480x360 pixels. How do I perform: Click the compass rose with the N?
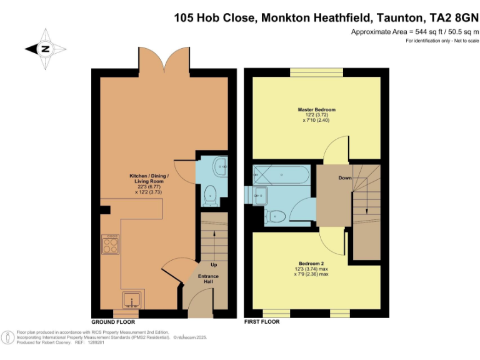tap(44, 48)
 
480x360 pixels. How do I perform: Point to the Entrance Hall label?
tap(209, 279)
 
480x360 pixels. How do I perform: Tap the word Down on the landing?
tap(345, 178)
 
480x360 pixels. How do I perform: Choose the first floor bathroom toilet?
tap(276, 216)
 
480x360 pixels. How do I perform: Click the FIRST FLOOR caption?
tap(262, 322)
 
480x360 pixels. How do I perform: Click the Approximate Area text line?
tap(409, 32)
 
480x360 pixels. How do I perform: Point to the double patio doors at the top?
tap(164, 61)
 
